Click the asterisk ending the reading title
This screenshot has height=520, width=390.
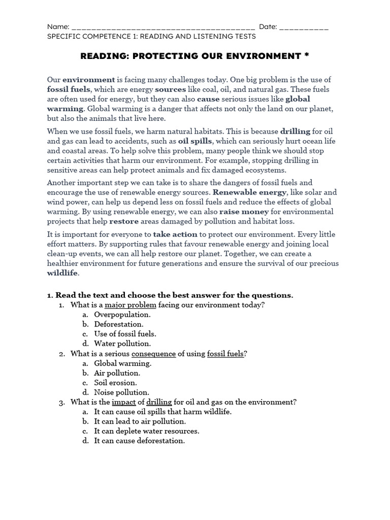pyautogui.click(x=306, y=56)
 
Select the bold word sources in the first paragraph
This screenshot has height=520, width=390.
pyautogui.click(x=171, y=89)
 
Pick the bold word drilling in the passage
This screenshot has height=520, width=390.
pyautogui.click(x=295, y=132)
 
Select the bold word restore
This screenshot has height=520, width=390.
pyautogui.click(x=124, y=221)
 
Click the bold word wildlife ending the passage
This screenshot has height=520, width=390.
pyautogui.click(x=62, y=273)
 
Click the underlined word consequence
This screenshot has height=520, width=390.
pyautogui.click(x=153, y=353)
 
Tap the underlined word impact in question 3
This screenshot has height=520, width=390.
pyautogui.click(x=123, y=402)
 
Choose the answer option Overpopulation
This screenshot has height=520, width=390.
pyautogui.click(x=122, y=315)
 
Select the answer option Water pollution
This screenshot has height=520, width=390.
pyautogui.click(x=122, y=344)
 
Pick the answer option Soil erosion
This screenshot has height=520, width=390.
pyautogui.click(x=115, y=383)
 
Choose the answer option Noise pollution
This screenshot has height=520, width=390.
pyautogui.click(x=121, y=393)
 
